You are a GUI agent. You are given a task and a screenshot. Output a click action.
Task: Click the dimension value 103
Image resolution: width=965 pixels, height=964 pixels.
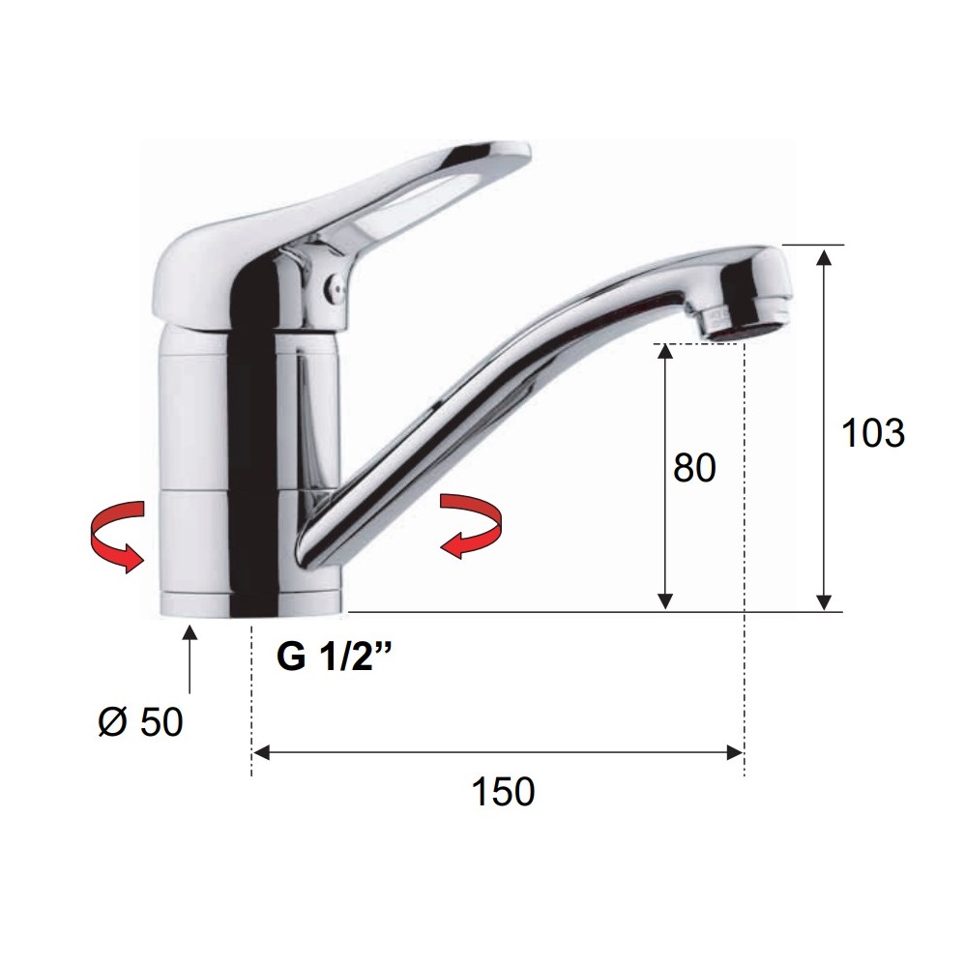[x=873, y=433]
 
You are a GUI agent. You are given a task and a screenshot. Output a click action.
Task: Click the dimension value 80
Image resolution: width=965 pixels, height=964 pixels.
[x=694, y=468]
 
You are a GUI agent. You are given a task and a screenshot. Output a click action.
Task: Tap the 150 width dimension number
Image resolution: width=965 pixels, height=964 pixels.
[x=503, y=792]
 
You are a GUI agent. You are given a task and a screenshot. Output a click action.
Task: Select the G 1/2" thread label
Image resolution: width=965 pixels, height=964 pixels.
[x=335, y=657]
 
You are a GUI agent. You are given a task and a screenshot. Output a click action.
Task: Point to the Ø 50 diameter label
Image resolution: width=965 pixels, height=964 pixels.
[x=140, y=721]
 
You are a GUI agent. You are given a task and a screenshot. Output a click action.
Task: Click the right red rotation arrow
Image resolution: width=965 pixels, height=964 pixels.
[x=472, y=526]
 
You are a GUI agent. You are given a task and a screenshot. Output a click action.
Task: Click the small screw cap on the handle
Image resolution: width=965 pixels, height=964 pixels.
[x=336, y=287]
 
